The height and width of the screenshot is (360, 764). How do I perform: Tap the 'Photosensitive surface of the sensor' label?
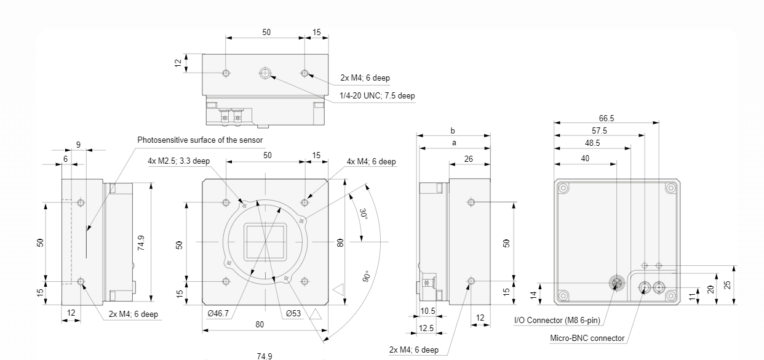click(200, 140)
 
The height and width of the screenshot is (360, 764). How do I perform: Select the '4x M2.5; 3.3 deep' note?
click(179, 161)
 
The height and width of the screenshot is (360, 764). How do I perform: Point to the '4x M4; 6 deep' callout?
click(371, 162)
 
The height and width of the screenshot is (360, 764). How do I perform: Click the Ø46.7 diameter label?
click(218, 313)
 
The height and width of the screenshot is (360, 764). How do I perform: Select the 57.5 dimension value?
click(599, 130)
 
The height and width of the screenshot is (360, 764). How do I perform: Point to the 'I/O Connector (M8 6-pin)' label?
click(557, 321)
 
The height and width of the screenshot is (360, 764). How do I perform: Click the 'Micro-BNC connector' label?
click(587, 338)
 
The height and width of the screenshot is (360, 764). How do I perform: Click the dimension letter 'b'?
click(453, 130)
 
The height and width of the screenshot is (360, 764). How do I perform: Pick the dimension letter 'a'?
click(453, 143)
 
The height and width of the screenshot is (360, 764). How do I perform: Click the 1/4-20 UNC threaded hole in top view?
click(265, 74)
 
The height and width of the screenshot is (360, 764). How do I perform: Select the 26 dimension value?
click(469, 159)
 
